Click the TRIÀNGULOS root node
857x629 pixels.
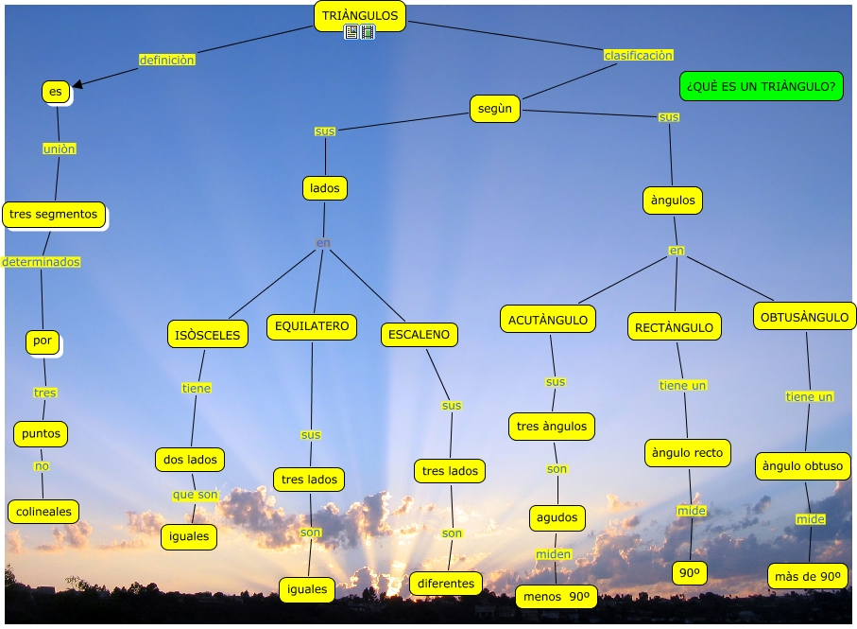[x=359, y=15]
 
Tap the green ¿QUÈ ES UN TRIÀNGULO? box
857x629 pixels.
[x=761, y=86]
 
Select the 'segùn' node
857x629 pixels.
[x=494, y=109]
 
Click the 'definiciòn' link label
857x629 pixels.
[x=166, y=60]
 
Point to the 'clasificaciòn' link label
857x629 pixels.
[x=638, y=55]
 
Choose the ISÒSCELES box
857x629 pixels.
[x=207, y=334]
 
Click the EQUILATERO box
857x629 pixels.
[x=311, y=327]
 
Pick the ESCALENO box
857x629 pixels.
[x=420, y=334]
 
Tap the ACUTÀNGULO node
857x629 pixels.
[x=548, y=320]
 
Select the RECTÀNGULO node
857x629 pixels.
[x=674, y=327]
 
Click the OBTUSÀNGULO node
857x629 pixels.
[x=805, y=317]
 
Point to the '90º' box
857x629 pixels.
[x=690, y=572]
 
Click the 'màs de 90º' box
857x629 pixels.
[x=807, y=576]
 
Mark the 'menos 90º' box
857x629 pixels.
[x=556, y=597]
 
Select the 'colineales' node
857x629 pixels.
[x=43, y=512]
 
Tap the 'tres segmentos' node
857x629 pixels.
[x=53, y=215]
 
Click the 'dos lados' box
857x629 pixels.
[x=190, y=460]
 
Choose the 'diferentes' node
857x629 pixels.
[x=445, y=584]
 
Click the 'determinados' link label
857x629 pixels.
[x=41, y=262]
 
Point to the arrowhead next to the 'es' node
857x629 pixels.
[x=77, y=84]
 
